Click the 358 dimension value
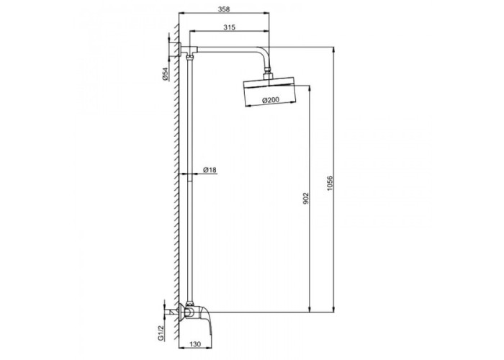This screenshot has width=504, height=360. (x=224, y=9)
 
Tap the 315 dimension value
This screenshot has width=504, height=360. (x=229, y=27)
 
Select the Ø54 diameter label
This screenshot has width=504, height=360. (x=165, y=74)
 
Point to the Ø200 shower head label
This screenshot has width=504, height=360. (x=271, y=100)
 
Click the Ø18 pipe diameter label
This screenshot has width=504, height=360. (x=210, y=170)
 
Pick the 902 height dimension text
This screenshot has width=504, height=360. (x=306, y=198)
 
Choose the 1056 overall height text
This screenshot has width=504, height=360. (x=330, y=184)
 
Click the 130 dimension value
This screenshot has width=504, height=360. (x=195, y=344)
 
